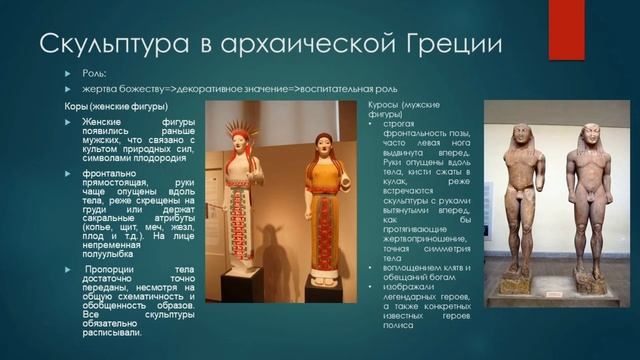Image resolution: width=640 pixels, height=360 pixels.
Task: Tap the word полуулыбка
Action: pos(110,270)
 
